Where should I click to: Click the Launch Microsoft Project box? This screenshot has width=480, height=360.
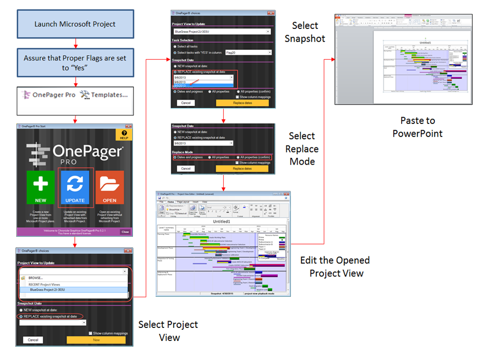(x=75, y=24)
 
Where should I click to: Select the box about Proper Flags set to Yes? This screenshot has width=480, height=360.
(x=75, y=63)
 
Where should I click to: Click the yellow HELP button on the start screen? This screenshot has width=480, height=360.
(x=124, y=135)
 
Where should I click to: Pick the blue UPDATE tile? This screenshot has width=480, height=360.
(x=75, y=188)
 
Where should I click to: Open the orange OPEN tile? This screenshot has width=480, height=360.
(x=110, y=188)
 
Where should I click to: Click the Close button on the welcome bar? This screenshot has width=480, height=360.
(x=125, y=232)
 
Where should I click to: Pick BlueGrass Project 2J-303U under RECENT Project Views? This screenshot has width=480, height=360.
(x=48, y=289)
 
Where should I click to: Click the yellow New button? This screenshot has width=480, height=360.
(x=96, y=340)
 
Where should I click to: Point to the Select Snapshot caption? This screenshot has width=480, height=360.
(x=305, y=32)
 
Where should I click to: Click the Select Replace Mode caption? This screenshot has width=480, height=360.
(x=302, y=148)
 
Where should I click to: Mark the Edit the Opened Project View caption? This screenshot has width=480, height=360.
(x=335, y=266)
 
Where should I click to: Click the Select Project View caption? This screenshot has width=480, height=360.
(x=168, y=331)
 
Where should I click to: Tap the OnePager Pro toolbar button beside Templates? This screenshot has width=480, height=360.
(x=48, y=95)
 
